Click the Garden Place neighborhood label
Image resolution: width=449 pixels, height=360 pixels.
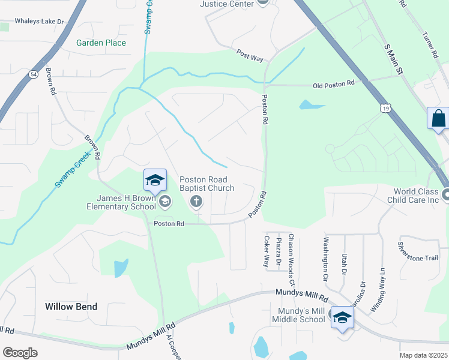coord(101,43)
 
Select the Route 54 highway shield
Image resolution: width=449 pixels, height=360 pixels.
coord(33,74)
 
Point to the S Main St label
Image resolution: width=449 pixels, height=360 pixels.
coord(393,58)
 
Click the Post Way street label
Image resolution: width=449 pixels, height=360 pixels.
coord(250,56)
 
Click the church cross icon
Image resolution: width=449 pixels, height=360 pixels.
coord(196,202)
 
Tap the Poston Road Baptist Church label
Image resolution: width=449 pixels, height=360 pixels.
coord(207,184)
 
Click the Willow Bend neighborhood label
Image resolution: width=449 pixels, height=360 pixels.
coord(71,306)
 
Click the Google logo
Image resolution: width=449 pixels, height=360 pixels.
coord(20,353)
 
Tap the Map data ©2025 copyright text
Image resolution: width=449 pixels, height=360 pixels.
coord(423,355)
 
